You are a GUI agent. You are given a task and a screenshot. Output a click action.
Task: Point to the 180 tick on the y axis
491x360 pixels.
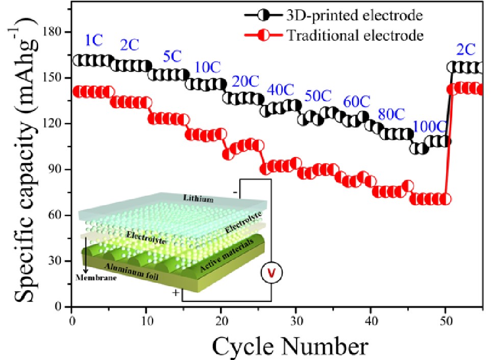point(57,32)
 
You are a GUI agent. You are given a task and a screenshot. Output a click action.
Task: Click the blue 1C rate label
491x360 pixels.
point(92,39)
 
